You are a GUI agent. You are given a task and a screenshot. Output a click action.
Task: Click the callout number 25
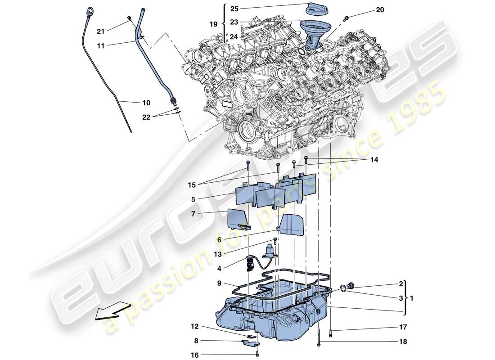click(x=235, y=8)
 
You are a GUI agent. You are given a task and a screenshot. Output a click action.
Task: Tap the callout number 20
click(x=380, y=10)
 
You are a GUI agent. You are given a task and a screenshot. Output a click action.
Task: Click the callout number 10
click(x=147, y=103)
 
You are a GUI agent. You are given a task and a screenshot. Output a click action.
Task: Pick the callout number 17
click(x=402, y=327)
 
